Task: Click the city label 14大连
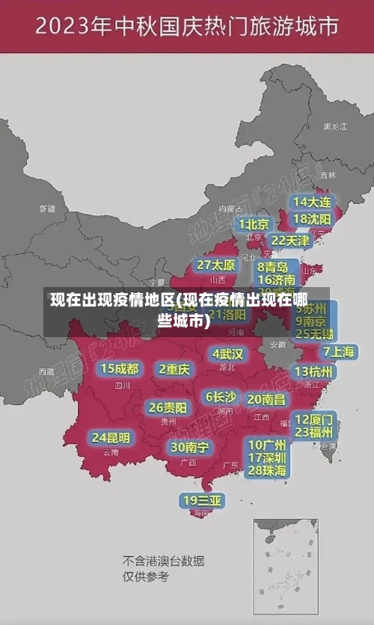click(x=312, y=203)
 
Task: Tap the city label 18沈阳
click(x=312, y=219)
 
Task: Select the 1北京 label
click(x=254, y=224)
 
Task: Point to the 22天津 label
click(x=290, y=241)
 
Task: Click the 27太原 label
click(x=216, y=265)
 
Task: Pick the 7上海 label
click(x=338, y=351)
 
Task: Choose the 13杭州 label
click(x=315, y=372)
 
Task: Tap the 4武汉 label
click(x=228, y=354)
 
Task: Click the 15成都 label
click(x=120, y=369)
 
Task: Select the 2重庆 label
click(x=174, y=369)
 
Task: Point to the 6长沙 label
click(x=221, y=397)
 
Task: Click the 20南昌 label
click(x=266, y=399)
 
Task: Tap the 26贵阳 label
click(x=168, y=408)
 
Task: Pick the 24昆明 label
click(x=111, y=437)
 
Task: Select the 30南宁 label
click(x=189, y=447)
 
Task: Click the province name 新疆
click(x=47, y=209)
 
